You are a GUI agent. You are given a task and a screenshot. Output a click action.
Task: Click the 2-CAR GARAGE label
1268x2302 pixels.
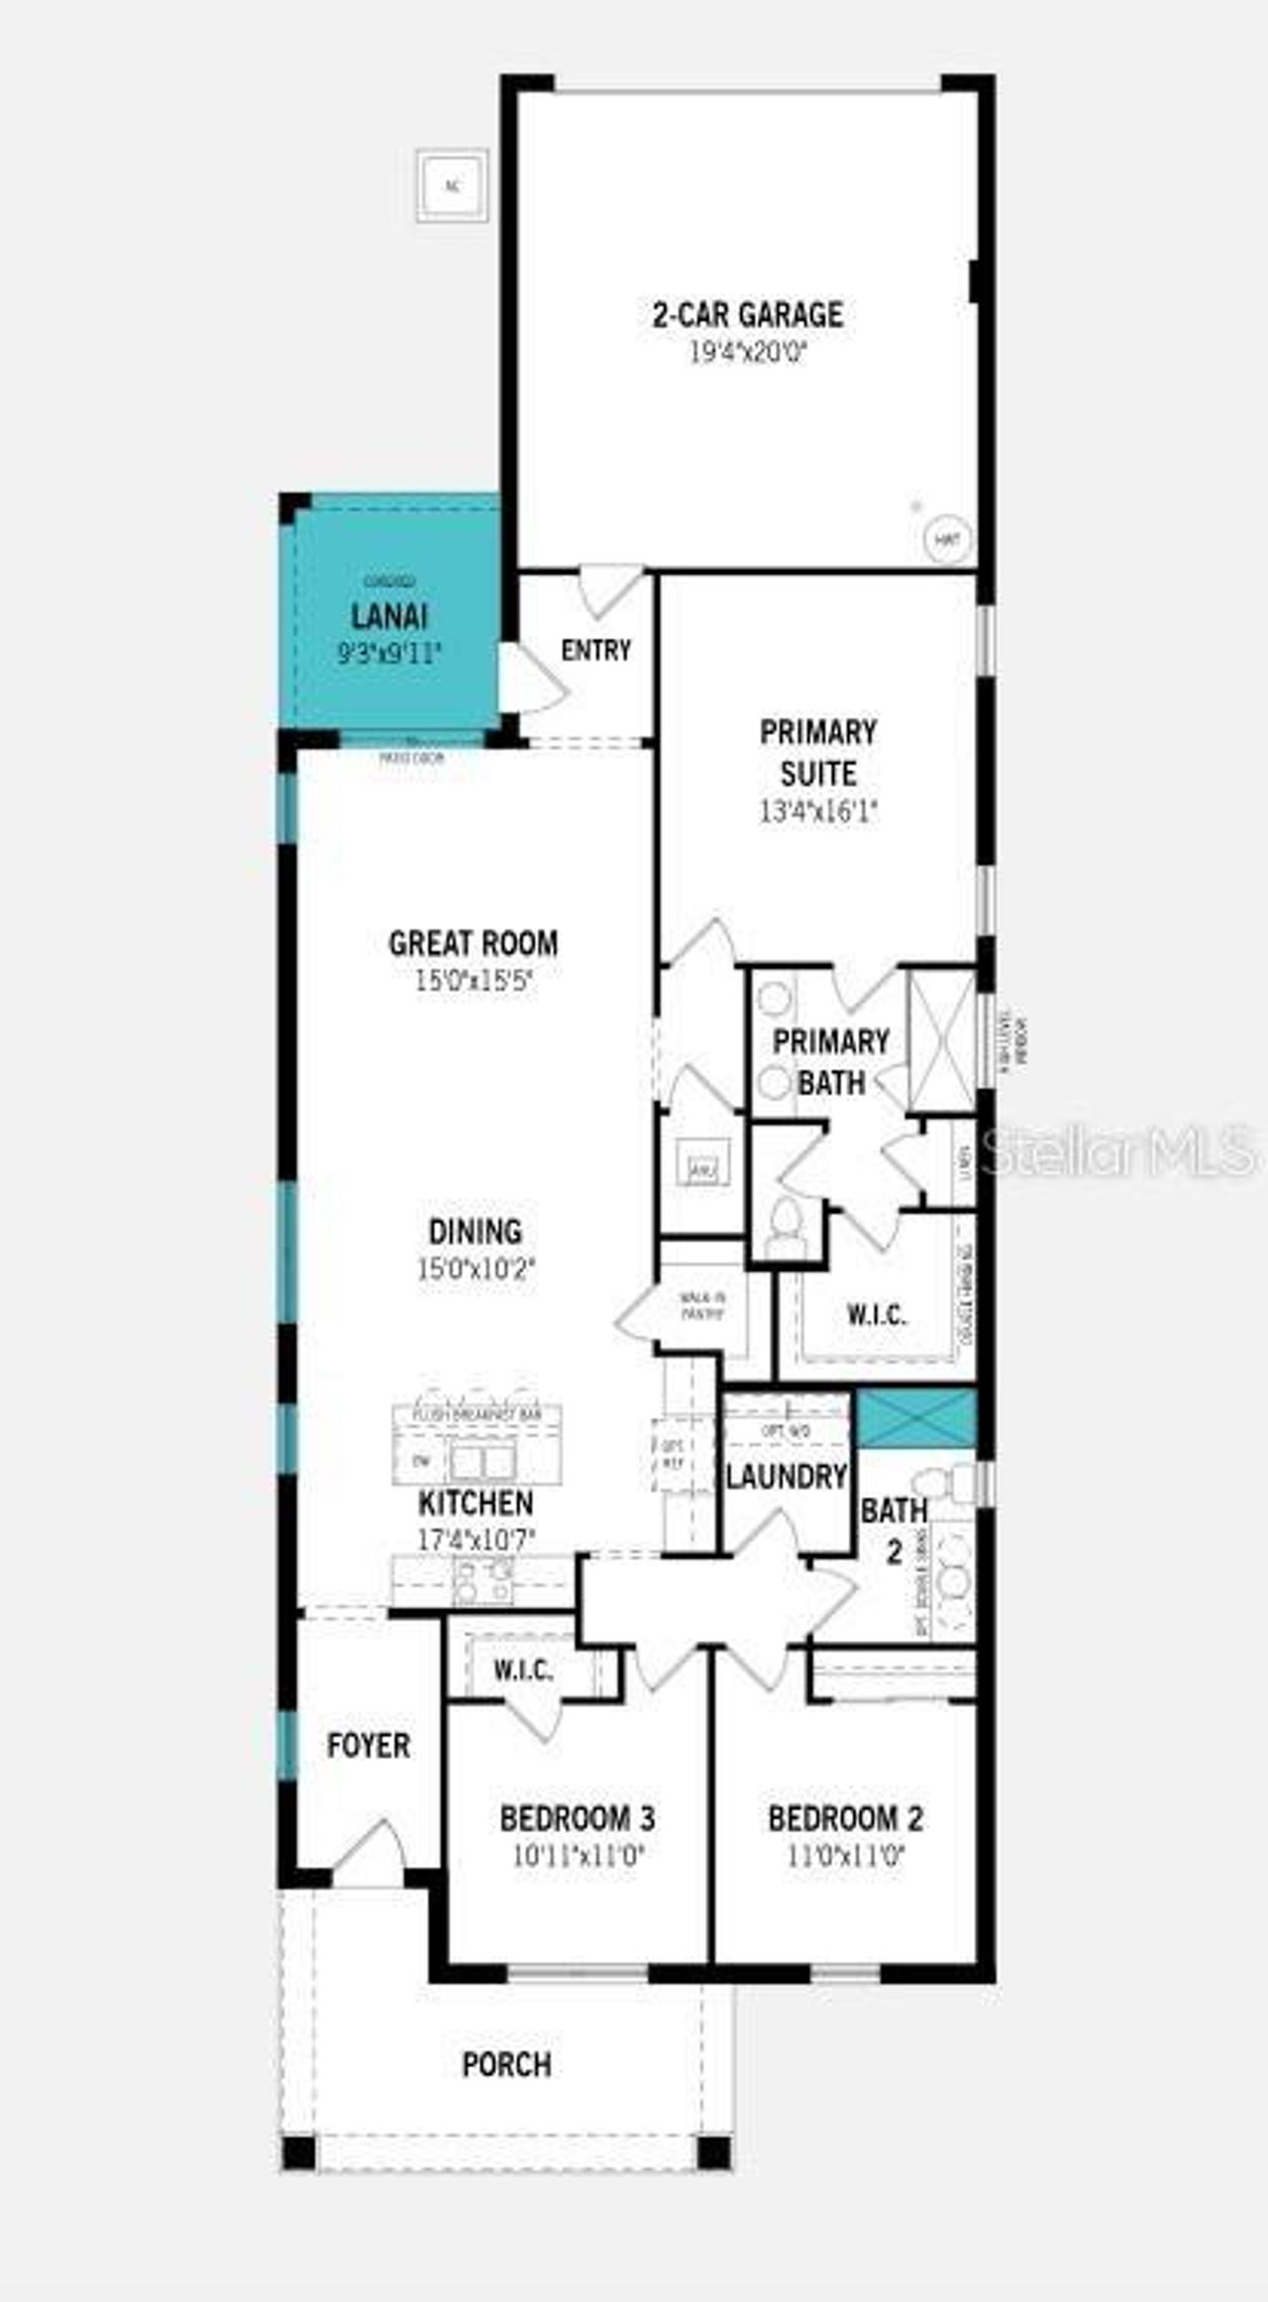[x=748, y=315]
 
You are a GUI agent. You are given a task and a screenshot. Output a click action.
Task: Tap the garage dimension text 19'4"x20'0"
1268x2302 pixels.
[x=748, y=354]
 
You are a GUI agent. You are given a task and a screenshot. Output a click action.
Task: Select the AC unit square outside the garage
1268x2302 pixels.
[x=453, y=185]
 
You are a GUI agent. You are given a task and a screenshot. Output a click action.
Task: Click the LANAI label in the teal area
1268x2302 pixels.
[x=389, y=616]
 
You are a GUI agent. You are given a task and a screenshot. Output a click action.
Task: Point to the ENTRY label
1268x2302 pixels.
[x=595, y=651]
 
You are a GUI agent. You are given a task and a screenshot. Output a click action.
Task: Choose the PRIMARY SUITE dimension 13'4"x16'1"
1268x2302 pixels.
[x=818, y=812]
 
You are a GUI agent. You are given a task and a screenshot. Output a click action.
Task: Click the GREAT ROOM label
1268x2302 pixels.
[x=473, y=942]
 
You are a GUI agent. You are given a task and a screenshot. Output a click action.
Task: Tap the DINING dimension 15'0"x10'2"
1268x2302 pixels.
[x=475, y=1268]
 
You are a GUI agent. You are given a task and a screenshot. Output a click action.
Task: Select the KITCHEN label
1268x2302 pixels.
[x=475, y=1503]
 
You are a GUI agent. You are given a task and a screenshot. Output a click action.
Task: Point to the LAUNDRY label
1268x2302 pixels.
[x=787, y=1477]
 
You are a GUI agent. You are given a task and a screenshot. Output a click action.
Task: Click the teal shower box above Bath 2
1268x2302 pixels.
[x=915, y=1417]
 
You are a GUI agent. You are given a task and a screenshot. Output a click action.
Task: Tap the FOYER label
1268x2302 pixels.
[x=369, y=1745]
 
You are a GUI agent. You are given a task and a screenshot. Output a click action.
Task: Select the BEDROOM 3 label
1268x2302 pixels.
[x=577, y=1818]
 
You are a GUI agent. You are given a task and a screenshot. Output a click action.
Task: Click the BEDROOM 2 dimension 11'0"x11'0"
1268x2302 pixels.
[x=845, y=1856]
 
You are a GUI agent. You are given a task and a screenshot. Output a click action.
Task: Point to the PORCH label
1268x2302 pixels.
[x=506, y=2065]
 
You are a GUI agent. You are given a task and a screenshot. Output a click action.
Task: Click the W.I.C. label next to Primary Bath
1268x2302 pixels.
[x=877, y=1315]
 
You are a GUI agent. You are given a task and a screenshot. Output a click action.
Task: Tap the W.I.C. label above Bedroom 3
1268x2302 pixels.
[x=523, y=1671]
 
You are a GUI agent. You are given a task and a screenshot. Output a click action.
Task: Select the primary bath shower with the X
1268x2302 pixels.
[x=942, y=1041]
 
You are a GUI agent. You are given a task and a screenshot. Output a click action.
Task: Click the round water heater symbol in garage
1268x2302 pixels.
[x=947, y=540]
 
